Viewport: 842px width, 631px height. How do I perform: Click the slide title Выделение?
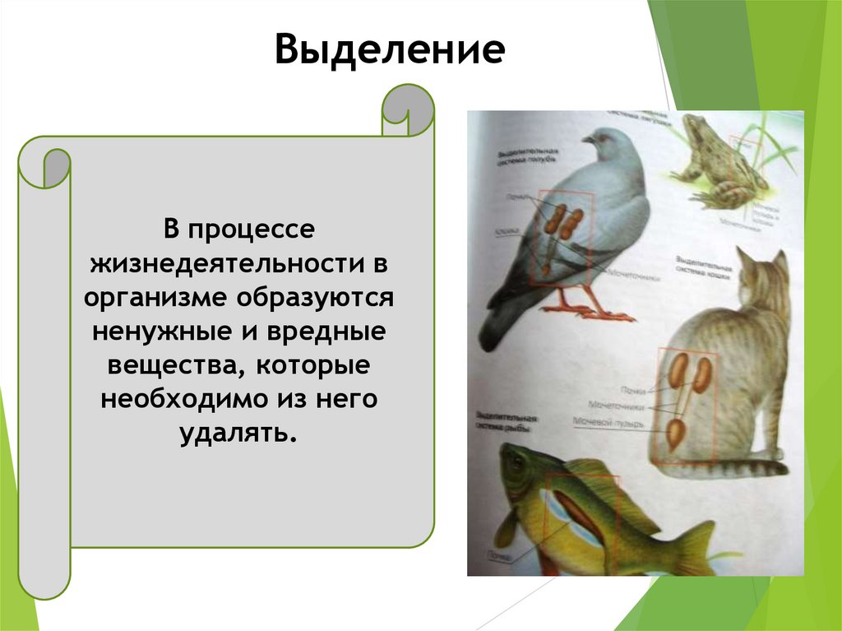[x=389, y=50]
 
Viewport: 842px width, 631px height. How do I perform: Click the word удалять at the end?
[x=236, y=432]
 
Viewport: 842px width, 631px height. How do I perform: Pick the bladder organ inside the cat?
[x=675, y=434]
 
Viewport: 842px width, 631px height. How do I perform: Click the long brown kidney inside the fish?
[x=580, y=513]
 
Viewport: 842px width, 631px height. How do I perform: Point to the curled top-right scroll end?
[x=407, y=109]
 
